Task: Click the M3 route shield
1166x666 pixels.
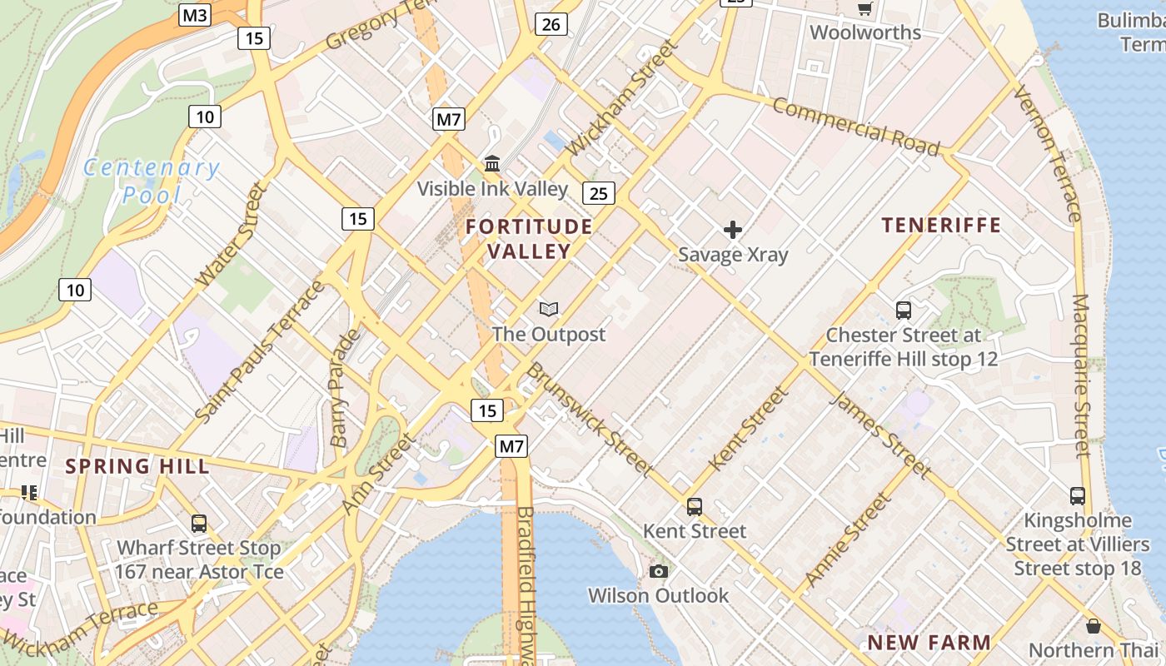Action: click(x=196, y=15)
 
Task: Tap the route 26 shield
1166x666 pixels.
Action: click(x=551, y=24)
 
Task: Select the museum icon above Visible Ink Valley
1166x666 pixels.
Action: click(x=492, y=164)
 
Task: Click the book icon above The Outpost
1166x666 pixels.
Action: click(x=548, y=310)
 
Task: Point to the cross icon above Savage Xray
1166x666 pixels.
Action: click(x=733, y=230)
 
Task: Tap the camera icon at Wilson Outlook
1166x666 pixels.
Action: click(x=659, y=571)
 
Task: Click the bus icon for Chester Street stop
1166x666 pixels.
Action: click(x=904, y=311)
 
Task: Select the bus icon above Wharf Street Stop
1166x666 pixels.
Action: click(x=199, y=524)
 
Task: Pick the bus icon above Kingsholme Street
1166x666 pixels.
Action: click(x=1078, y=496)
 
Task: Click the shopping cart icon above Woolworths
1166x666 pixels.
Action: click(x=865, y=8)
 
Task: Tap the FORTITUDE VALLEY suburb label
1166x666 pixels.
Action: click(x=529, y=238)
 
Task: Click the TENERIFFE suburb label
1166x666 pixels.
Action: click(x=941, y=225)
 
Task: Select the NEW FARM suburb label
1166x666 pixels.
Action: click(x=929, y=643)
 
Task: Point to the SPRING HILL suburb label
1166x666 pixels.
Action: click(x=137, y=466)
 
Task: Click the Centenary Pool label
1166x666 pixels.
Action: click(x=152, y=181)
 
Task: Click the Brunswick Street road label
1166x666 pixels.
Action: click(x=590, y=420)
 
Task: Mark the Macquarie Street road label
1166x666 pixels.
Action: click(x=1081, y=375)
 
